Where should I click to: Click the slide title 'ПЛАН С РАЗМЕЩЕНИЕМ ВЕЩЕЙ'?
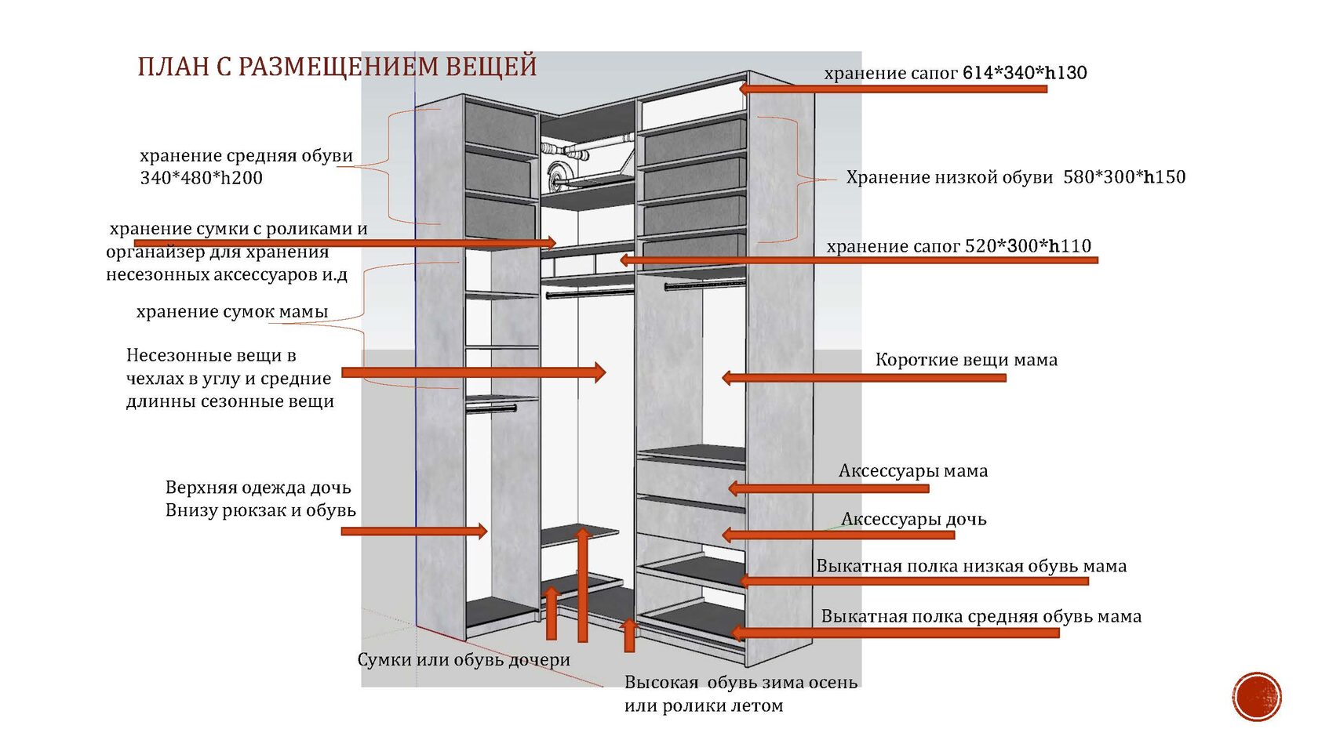pos(337,67)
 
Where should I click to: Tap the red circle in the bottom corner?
pos(1256,696)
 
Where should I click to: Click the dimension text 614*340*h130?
pos(1025,73)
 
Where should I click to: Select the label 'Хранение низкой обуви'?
pos(949,177)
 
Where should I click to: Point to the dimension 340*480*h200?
pos(202,178)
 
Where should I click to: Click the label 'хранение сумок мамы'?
pos(232,311)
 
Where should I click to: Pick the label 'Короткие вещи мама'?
pos(966,360)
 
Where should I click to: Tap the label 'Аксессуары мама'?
pos(913,470)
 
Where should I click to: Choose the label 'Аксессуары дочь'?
pos(913,519)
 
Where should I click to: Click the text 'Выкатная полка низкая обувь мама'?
pos(971,566)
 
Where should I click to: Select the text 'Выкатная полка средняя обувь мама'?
pos(981,616)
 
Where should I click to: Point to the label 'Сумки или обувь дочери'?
pos(464,660)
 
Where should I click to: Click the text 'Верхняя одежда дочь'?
pos(258,488)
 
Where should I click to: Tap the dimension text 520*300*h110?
pos(1028,246)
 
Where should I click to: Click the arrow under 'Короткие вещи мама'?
pos(863,378)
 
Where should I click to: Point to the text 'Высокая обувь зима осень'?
pos(741,683)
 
